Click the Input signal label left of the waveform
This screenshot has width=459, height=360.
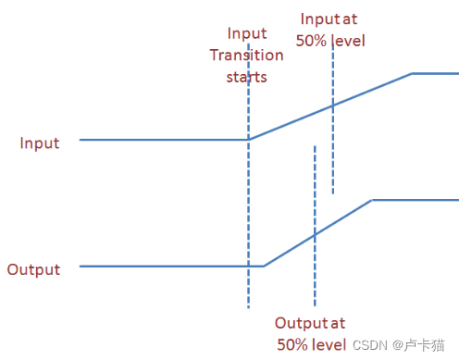(40, 143)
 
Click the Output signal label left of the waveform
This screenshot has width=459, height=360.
(33, 270)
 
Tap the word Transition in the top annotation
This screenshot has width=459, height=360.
(246, 55)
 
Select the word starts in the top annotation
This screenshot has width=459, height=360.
(246, 76)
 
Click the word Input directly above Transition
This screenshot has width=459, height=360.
(247, 34)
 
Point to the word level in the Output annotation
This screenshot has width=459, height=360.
(329, 344)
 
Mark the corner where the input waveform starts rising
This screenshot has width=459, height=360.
(249, 140)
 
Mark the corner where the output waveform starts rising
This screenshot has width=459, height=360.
(264, 267)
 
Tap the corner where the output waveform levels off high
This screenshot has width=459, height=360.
(371, 199)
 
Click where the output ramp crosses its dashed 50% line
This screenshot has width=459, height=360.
(315, 234)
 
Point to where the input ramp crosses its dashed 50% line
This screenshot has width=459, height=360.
(332, 106)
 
